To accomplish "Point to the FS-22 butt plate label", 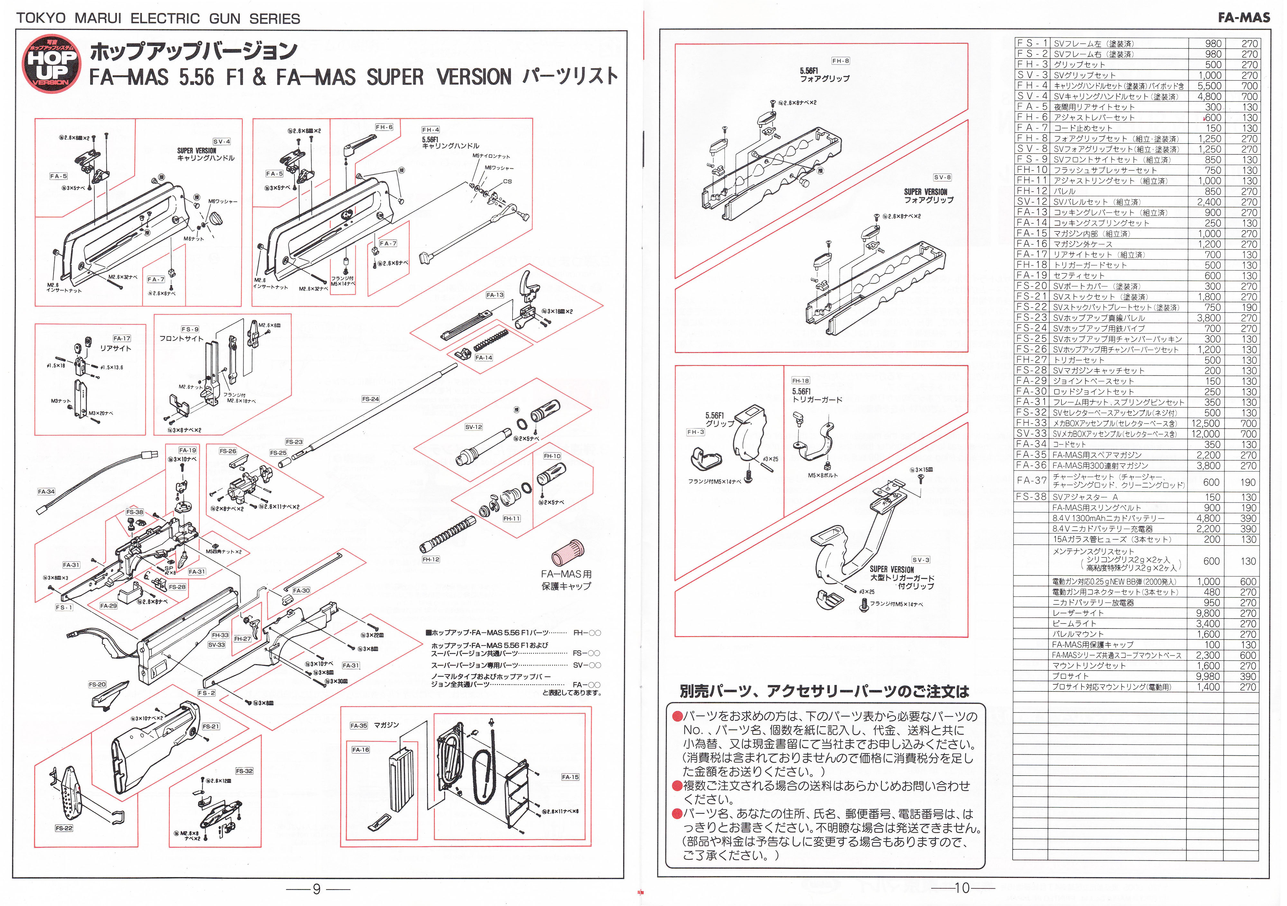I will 64,828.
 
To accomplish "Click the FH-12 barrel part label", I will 431,559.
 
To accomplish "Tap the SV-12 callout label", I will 474,427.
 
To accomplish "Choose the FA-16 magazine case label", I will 360,750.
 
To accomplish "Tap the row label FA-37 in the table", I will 1032,481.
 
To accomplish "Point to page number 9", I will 317,889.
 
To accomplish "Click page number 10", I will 962,888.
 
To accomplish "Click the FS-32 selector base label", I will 245,771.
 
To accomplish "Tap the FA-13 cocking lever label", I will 495,295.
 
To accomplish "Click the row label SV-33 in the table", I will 1032,434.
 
